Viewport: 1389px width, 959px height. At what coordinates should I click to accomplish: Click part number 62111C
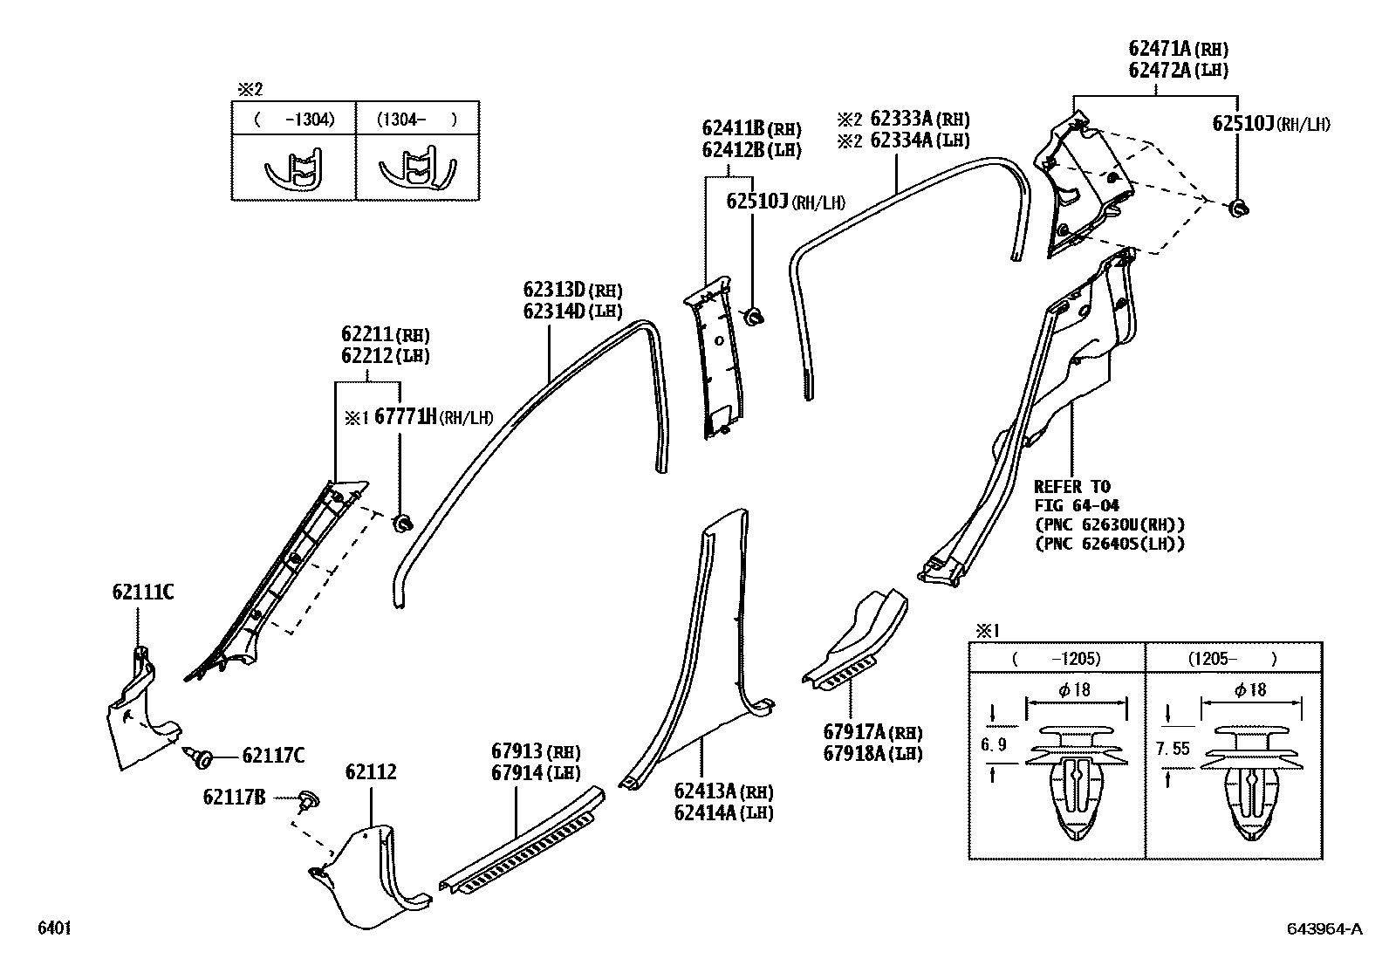[x=142, y=593]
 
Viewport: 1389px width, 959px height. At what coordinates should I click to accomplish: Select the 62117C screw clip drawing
[x=201, y=757]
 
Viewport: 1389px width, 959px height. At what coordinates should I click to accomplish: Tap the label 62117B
[x=234, y=797]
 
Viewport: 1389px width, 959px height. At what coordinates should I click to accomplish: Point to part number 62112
[x=371, y=772]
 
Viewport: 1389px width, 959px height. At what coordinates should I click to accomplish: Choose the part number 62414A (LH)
[x=723, y=812]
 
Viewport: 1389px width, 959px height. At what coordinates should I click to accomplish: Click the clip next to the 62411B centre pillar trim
[x=754, y=315]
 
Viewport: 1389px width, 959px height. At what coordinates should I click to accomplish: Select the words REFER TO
[x=1071, y=487]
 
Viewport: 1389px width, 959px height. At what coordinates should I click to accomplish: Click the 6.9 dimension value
[x=994, y=744]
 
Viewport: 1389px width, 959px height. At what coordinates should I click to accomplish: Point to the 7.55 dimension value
[x=1172, y=748]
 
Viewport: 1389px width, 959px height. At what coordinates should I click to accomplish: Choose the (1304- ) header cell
[x=416, y=120]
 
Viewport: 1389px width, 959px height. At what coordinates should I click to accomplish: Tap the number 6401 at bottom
[x=54, y=928]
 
